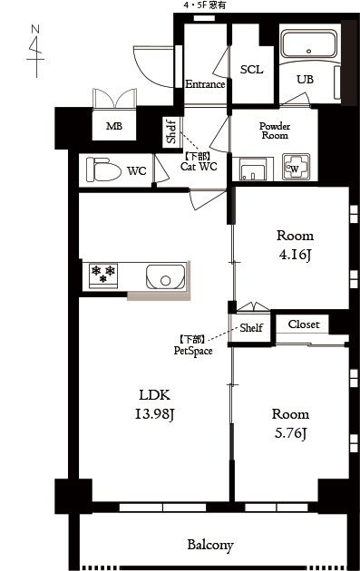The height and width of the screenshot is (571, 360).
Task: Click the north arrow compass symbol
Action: click(36, 51)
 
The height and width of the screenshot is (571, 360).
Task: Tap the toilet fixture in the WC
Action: click(103, 169)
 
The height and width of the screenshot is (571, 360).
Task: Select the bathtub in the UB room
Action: click(309, 44)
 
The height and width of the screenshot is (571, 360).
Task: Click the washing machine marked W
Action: click(296, 167)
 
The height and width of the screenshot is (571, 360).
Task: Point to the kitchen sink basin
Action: click(165, 276)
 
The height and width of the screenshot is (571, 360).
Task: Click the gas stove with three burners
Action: click(103, 276)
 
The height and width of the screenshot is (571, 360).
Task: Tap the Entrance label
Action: click(205, 84)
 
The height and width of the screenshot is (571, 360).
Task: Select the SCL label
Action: click(251, 69)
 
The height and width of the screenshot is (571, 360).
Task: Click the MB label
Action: click(114, 126)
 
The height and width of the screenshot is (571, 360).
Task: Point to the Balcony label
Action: click(210, 545)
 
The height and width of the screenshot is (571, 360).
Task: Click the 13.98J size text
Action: click(155, 414)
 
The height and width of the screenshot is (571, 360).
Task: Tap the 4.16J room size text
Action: click(295, 255)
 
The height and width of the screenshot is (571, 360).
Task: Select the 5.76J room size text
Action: click(290, 433)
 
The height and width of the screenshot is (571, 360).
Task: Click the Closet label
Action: click(304, 324)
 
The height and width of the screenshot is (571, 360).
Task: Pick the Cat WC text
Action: click(199, 167)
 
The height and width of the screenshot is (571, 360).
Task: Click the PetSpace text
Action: click(193, 351)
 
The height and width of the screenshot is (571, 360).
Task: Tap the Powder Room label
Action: click(275, 131)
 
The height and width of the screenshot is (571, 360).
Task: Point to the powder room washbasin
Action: click(252, 169)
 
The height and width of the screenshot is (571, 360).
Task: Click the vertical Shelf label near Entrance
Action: click(171, 131)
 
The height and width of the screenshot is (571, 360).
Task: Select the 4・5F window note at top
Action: click(204, 5)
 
